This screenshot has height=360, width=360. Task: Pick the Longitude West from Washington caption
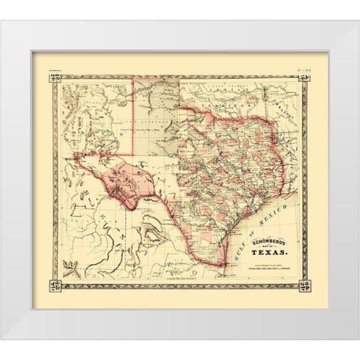(x=180, y=280)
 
